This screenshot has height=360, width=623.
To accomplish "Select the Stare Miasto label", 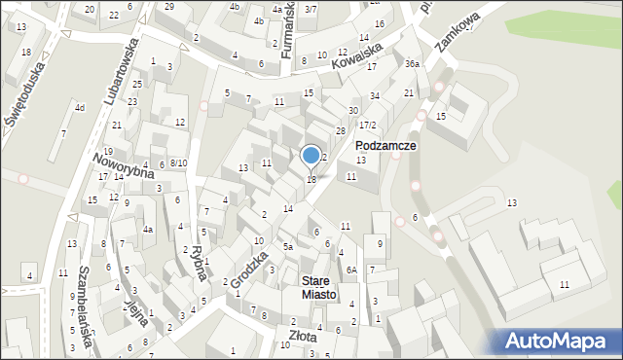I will (x=318, y=287).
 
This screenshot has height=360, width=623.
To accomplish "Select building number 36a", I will (x=412, y=63).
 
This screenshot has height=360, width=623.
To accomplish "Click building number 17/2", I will (x=366, y=125).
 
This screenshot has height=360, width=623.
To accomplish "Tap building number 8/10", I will (x=177, y=162).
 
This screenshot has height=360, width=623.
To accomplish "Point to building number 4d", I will (x=79, y=107).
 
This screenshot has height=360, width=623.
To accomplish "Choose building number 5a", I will (x=288, y=247).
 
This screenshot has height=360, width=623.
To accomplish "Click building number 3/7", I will (x=310, y=9).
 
